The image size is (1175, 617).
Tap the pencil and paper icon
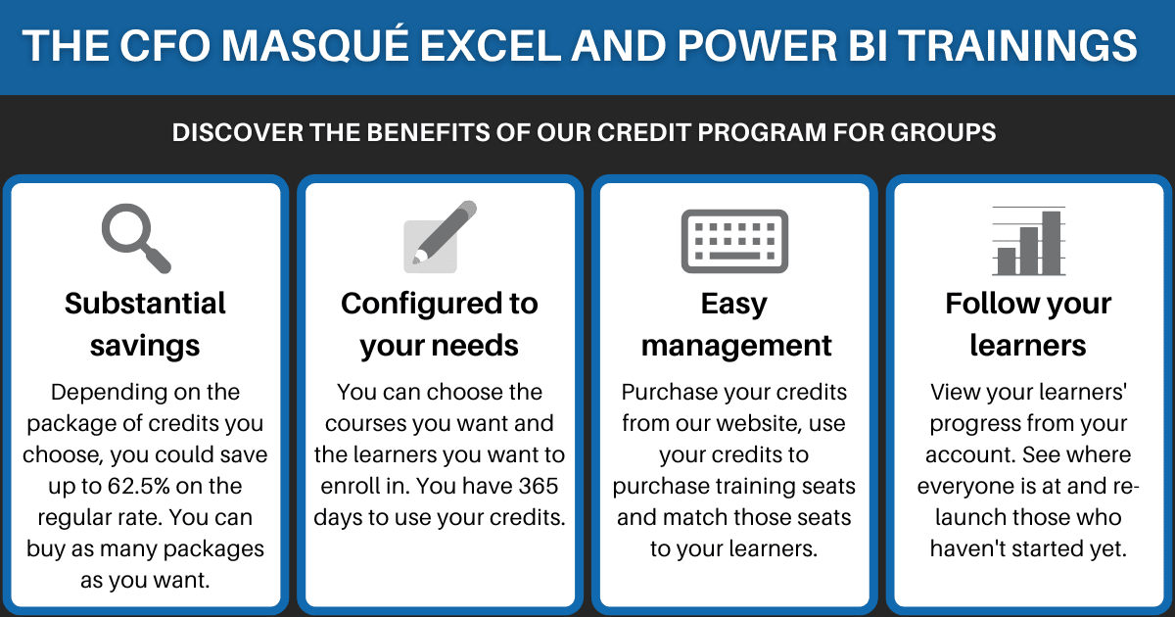440,238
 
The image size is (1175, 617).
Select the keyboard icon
733,241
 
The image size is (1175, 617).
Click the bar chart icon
1028,242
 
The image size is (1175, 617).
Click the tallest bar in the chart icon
1052,243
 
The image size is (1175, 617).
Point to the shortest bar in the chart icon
1007,261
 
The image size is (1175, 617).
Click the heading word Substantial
145,304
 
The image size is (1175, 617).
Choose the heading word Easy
733,304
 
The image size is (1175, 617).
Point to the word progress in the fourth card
976,424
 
